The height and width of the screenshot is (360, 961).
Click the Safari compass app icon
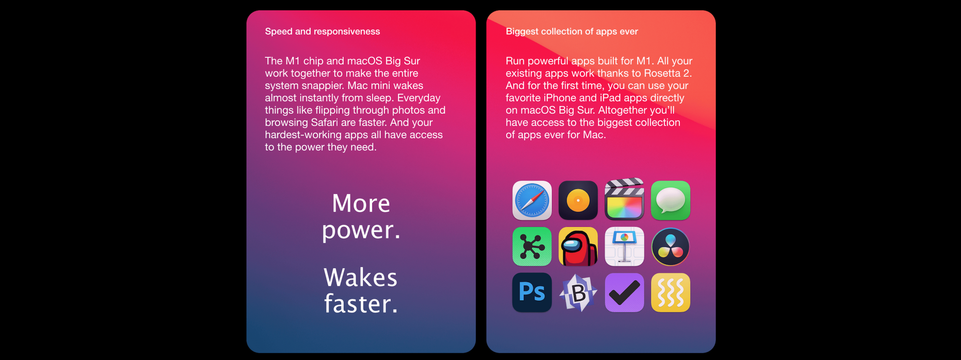point(532,200)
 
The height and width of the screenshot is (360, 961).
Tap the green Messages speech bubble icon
point(670,200)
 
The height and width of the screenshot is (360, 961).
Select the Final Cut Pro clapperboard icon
point(624,199)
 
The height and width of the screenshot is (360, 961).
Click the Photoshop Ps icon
point(532,293)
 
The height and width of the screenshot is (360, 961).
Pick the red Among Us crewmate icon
point(578,247)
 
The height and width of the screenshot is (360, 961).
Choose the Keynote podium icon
point(624,247)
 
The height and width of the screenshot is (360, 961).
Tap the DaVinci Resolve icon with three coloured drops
point(670,247)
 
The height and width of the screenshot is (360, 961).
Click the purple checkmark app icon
point(624,293)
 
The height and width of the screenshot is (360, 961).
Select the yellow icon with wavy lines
point(670,293)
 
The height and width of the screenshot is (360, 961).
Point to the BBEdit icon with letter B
point(578,293)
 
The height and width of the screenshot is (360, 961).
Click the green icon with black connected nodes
point(532,247)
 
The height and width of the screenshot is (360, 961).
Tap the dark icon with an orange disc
point(578,200)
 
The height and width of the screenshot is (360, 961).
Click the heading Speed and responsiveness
point(322,32)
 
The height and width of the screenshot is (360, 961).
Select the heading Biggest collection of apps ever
point(572,32)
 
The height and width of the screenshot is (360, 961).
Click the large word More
point(361,203)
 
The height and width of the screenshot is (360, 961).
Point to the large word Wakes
point(360,277)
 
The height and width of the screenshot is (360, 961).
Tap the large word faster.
point(360,304)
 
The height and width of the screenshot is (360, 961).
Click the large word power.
point(361,231)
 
